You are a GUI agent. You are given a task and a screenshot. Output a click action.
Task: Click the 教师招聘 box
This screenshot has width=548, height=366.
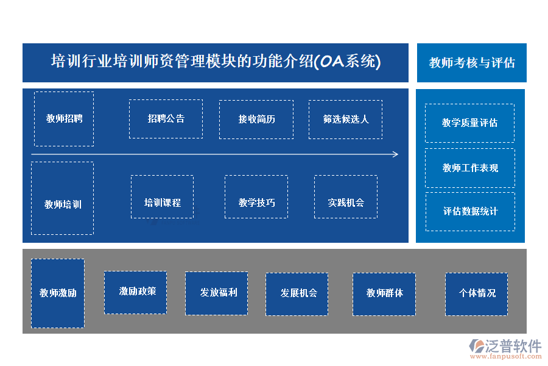[64, 119]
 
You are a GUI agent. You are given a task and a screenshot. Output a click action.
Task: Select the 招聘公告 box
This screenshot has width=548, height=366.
[166, 119]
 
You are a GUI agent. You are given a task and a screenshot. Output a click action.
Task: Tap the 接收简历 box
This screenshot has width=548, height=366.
[256, 119]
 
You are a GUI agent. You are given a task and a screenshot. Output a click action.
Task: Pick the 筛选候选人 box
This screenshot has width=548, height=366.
[345, 119]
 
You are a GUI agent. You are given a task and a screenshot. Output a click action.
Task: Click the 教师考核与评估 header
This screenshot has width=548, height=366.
[471, 62]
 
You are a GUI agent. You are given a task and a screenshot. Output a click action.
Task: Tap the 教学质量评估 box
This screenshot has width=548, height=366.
[469, 123]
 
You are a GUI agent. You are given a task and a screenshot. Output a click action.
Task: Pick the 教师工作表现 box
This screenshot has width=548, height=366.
[469, 168]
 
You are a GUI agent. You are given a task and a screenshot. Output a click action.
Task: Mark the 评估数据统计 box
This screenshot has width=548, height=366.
[469, 212]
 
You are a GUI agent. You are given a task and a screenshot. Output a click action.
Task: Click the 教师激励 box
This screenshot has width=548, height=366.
[58, 293]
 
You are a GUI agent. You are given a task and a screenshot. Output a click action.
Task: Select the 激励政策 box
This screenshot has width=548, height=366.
[135, 293]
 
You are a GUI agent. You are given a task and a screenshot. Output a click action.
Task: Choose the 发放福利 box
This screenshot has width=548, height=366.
[216, 293]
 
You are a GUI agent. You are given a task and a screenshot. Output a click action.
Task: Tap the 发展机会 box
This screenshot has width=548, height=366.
[297, 294]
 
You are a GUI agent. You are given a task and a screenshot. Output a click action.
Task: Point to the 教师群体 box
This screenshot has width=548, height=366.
[384, 294]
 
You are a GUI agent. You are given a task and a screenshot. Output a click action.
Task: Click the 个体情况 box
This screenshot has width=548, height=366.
[476, 294]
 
